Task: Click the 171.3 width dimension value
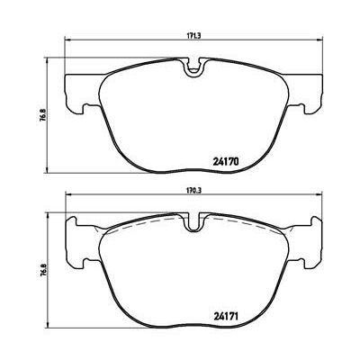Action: coord(194,35)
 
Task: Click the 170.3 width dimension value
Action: coord(194,190)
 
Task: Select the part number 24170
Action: coord(226,162)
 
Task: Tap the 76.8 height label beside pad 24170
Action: coord(42,114)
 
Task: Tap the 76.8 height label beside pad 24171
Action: coord(42,269)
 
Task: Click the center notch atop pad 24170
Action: coord(194,67)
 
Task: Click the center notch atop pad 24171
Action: coord(194,222)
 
